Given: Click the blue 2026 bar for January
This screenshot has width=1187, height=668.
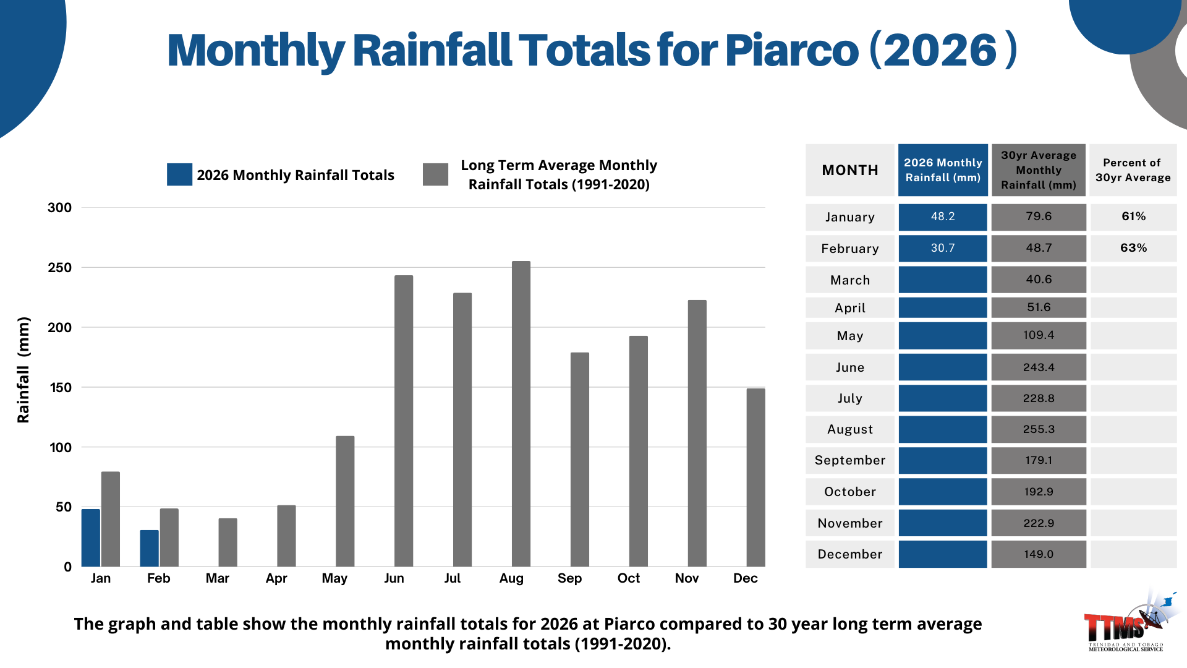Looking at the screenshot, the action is [91, 537].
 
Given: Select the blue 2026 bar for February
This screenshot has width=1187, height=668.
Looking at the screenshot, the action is [149, 548].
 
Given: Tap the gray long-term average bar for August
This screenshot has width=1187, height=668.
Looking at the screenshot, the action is [521, 414].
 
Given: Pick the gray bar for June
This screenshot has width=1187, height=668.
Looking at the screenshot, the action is [404, 421].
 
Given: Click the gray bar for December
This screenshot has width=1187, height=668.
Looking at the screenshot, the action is [755, 477].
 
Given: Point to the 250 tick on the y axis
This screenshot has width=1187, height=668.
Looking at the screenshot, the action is [60, 268].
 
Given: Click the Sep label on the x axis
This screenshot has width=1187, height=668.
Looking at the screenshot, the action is [569, 578].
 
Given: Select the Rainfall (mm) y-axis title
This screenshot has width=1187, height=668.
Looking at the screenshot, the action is [23, 370].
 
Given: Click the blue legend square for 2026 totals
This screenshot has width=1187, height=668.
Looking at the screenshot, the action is [179, 174].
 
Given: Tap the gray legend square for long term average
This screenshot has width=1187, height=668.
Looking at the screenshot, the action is [436, 174].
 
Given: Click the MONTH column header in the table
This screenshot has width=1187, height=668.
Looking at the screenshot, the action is [850, 170].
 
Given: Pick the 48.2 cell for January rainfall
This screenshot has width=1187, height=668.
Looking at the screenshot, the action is [943, 216].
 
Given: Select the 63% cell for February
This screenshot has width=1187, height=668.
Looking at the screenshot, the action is [1133, 248].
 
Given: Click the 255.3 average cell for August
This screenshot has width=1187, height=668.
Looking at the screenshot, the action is [1039, 429].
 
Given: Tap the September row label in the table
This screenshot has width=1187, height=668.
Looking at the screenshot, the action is [850, 460].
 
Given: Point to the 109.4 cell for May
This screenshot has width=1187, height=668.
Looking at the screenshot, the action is [1039, 335].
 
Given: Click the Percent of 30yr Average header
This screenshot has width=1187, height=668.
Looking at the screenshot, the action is [1133, 170].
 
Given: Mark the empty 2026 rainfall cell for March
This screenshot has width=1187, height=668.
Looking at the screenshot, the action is [943, 280].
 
